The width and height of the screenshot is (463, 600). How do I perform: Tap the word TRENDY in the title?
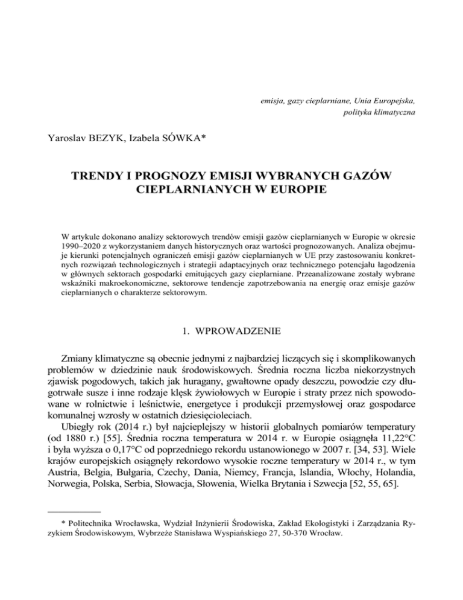[102, 179]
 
